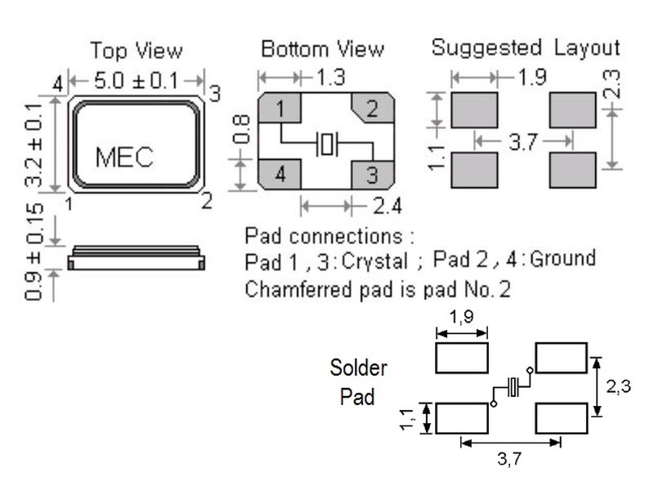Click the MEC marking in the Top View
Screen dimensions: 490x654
[x=124, y=156]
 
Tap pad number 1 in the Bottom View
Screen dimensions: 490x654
[x=280, y=109]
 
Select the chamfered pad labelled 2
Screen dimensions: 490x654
[x=372, y=109]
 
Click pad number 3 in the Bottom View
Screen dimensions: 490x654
[x=372, y=174]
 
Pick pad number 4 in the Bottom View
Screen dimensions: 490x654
[x=280, y=174]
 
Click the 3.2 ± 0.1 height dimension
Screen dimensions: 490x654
[x=34, y=143]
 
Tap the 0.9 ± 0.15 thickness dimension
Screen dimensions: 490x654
[x=34, y=252]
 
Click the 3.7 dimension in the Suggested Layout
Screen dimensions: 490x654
[x=522, y=143]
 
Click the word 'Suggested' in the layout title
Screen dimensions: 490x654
[x=486, y=47]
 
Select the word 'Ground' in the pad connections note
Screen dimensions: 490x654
[x=563, y=260]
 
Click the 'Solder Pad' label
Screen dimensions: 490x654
[x=357, y=382]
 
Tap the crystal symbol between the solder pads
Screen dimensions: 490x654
[x=513, y=387]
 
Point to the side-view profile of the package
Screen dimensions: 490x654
[x=136, y=258]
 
